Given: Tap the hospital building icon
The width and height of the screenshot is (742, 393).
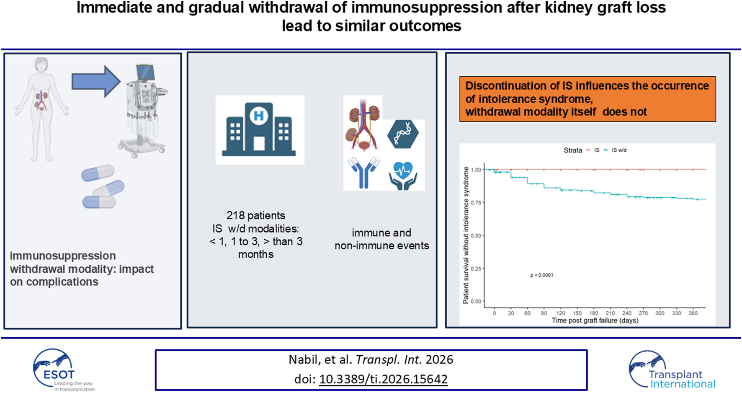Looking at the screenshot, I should tap(259, 129).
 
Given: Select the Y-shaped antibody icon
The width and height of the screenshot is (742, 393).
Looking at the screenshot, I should tap(363, 172).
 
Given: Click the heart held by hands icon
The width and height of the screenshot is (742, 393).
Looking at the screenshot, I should tap(403, 176).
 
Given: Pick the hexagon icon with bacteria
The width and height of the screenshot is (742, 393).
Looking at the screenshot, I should tap(403, 134).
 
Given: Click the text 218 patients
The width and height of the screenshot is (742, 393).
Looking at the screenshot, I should tap(255, 215).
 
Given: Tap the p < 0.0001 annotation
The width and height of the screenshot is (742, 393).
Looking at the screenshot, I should tap(541, 275).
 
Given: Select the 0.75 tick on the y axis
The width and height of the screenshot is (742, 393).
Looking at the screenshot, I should tap(476, 203).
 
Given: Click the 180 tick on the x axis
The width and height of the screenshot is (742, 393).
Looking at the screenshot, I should tap(594, 313).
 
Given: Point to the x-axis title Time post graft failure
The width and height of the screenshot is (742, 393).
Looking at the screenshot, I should tap(595, 321).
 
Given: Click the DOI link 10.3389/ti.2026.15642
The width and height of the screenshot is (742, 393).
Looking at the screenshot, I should tap(383, 379).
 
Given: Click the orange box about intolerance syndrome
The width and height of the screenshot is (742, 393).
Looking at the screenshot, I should tap(587, 99).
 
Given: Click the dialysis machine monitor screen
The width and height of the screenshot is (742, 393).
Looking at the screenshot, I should tap(145, 72).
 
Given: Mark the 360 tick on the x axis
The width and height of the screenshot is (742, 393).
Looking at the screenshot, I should tap(693, 313).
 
